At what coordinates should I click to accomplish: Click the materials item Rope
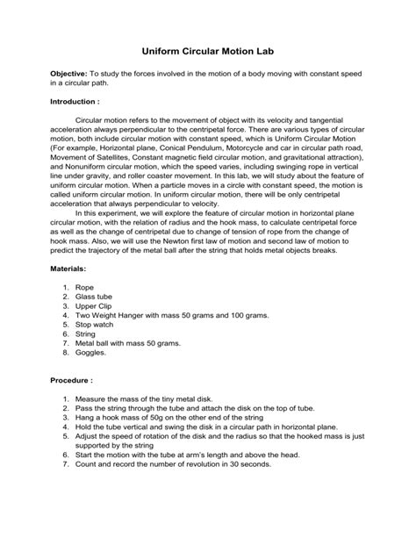84,312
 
